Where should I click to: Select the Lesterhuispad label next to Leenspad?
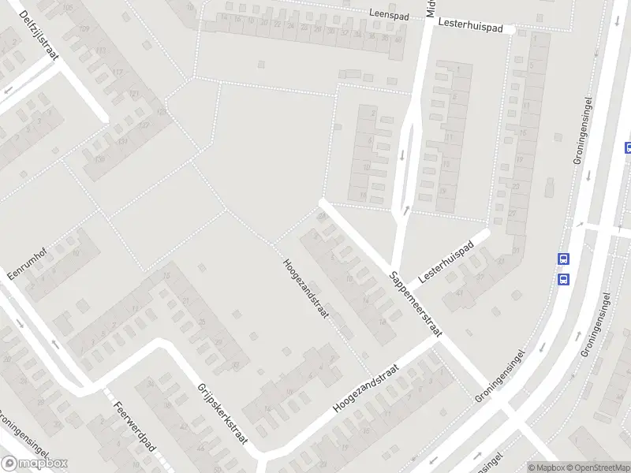click(471, 27)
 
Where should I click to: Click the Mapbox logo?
click(35, 464)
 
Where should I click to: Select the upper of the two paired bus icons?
click(563, 259)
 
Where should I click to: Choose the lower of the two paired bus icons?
click(563, 279)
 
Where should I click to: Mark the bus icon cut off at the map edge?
click(628, 147)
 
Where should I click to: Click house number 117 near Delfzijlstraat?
click(119, 73)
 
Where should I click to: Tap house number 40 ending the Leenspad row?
click(398, 39)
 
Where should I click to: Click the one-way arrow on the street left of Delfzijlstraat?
click(8, 90)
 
